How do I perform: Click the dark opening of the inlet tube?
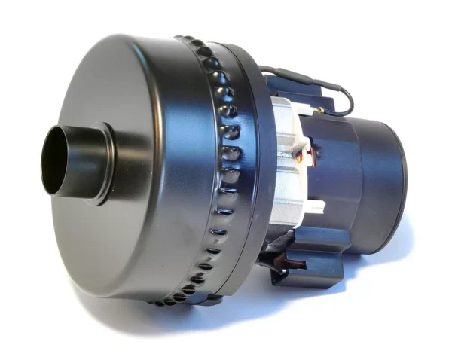54,160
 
